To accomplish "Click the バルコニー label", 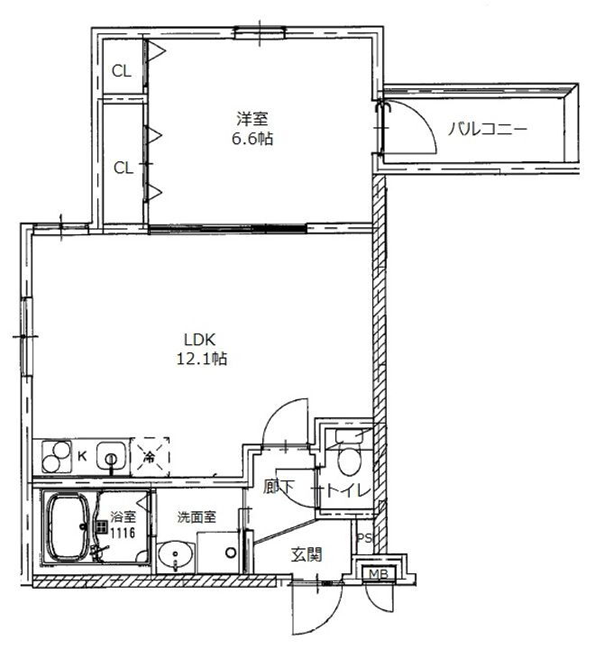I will coord(488,130).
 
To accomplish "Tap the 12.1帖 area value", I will coord(201,359).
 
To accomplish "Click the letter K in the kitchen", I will coord(82,456).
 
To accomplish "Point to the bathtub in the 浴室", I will coord(66,528).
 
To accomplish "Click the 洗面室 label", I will coord(195,518).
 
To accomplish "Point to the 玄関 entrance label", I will coord(306,555).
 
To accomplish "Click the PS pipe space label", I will coord(364,539).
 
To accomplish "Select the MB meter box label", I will coord(374,573).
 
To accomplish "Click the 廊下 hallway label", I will coord(279,489).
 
